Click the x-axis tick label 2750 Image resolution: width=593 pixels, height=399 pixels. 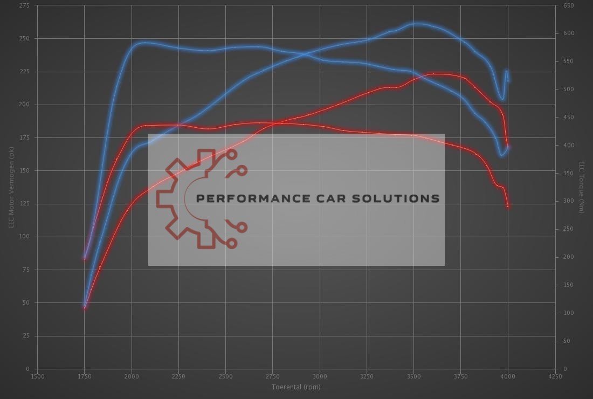pos(273,376)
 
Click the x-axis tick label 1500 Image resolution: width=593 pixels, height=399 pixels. pos(37,376)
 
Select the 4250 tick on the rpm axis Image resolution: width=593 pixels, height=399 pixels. pos(555,376)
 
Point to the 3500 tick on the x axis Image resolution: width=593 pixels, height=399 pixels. pos(413,376)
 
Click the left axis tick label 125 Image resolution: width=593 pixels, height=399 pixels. pos(25,204)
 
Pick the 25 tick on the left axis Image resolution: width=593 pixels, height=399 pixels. pos(26,336)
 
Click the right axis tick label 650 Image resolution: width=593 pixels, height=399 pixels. pos(568,5)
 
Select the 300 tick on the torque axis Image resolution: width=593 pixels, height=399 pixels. pos(568,201)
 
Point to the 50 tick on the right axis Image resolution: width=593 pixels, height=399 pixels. pos(567,341)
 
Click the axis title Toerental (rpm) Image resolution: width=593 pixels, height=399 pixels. pos(296,387)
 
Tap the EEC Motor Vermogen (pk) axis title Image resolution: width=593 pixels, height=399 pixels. pos(11,187)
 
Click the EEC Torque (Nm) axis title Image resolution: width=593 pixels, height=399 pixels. pos(582,187)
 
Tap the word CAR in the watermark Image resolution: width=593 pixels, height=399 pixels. pos(334,198)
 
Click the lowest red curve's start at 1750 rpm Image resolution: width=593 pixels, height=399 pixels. pos(85,308)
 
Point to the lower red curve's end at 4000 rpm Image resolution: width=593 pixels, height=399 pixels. pos(508,207)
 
